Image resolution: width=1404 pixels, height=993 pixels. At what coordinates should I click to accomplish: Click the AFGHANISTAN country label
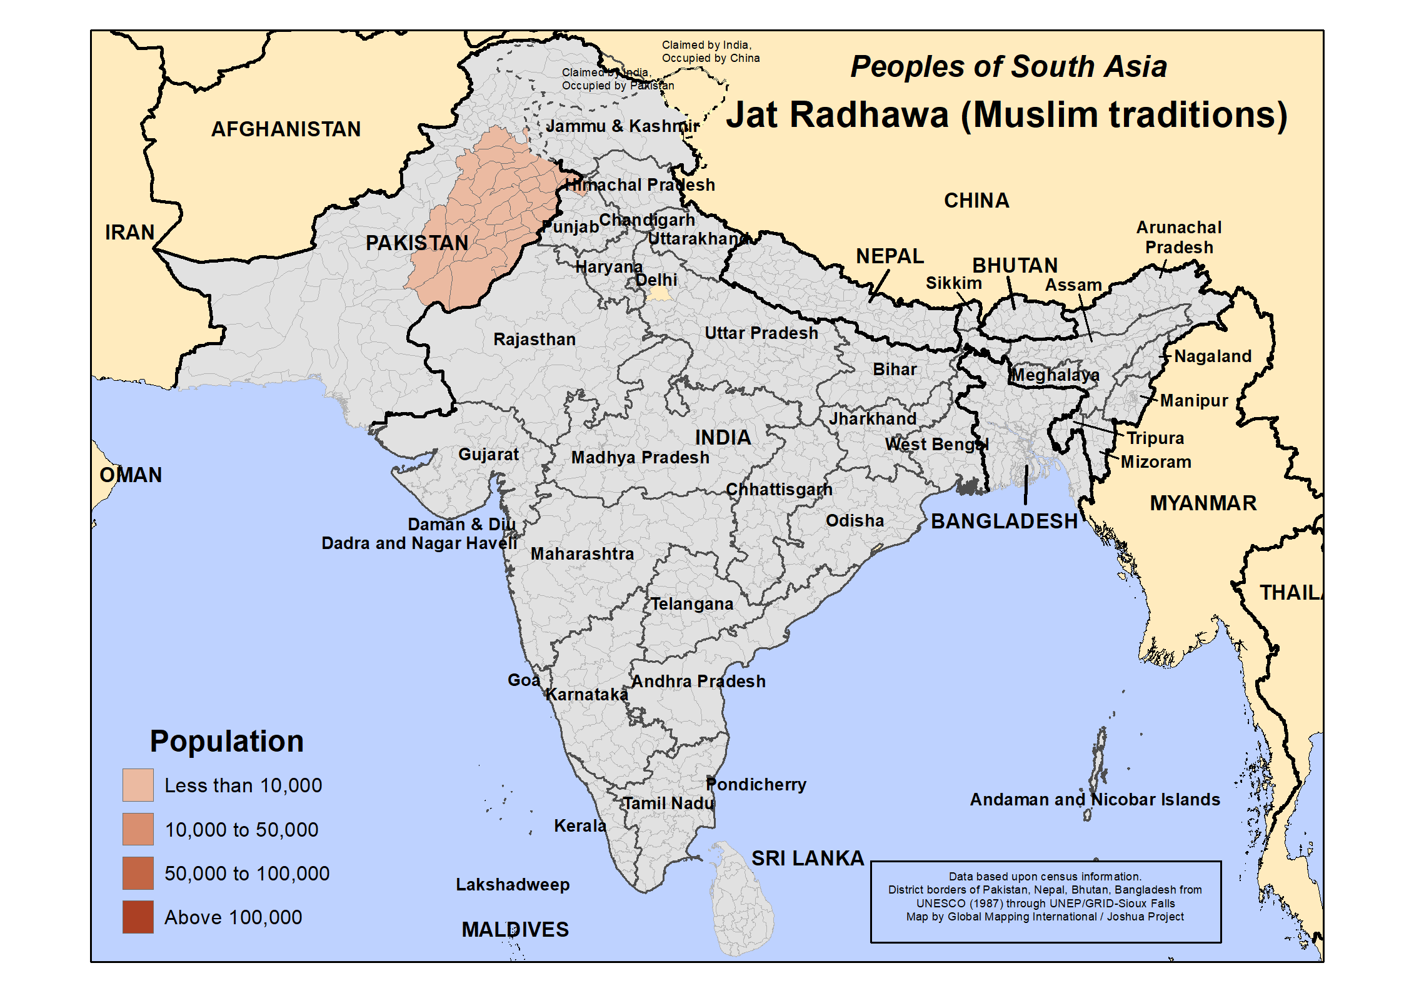[286, 129]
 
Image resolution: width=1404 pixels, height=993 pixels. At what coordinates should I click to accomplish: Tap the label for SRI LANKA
[807, 859]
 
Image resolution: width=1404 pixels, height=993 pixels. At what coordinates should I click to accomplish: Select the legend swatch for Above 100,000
[138, 917]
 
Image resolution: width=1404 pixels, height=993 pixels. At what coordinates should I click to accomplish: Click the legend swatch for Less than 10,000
[138, 785]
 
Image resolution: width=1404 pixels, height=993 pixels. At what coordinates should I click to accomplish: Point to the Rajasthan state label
[534, 340]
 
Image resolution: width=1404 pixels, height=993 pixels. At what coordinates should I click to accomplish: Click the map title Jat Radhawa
[1006, 115]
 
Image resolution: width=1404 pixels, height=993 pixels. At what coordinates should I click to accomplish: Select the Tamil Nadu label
[668, 804]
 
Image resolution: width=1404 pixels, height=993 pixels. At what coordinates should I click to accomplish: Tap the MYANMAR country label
[1203, 503]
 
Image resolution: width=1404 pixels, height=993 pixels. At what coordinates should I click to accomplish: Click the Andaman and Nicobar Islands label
[1095, 800]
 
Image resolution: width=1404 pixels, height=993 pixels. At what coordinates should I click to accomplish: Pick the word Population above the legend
[226, 742]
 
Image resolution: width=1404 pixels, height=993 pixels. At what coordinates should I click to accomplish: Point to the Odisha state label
[855, 521]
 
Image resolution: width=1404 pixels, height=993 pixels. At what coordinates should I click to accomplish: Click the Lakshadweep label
[513, 885]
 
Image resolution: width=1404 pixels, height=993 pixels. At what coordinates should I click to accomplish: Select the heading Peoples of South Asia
[1008, 67]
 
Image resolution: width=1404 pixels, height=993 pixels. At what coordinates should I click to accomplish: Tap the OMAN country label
[131, 475]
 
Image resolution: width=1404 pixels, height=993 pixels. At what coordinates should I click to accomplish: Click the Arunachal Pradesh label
[1178, 238]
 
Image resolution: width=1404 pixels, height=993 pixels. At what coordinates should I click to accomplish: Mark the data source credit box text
[1045, 897]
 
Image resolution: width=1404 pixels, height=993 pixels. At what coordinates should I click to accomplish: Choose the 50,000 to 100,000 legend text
[246, 874]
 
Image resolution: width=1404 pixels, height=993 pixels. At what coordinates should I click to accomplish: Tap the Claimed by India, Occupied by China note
[710, 52]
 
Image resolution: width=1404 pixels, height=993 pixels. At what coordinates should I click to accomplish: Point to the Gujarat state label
[488, 455]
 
